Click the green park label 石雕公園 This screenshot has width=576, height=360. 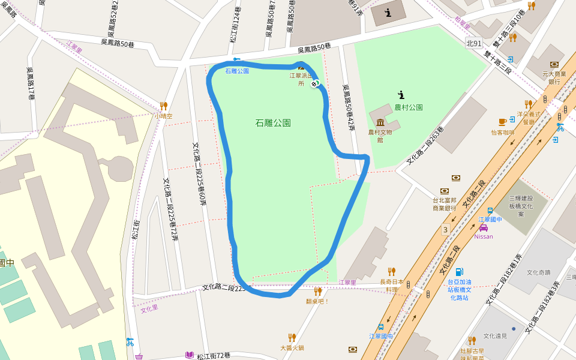(273, 123)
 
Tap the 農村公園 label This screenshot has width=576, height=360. (408, 107)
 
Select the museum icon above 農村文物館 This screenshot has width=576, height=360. (380, 123)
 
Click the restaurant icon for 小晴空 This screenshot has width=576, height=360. (163, 106)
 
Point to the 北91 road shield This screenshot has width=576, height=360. (474, 44)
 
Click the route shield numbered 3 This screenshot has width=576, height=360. (445, 229)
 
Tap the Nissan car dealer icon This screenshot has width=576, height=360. (484, 228)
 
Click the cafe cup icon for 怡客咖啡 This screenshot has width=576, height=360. (502, 123)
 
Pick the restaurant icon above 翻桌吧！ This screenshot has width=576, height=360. (317, 292)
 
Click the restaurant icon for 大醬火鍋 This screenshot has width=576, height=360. (292, 338)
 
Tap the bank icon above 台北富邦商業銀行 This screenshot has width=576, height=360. (456, 178)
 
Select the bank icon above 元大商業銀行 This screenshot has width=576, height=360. (554, 64)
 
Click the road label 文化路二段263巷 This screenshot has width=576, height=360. (425, 146)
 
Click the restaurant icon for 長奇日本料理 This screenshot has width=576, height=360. (392, 272)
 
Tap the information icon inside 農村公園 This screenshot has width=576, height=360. (401, 94)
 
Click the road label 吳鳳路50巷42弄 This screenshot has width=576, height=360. (349, 108)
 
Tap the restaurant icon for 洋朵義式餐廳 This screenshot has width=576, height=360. (528, 104)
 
